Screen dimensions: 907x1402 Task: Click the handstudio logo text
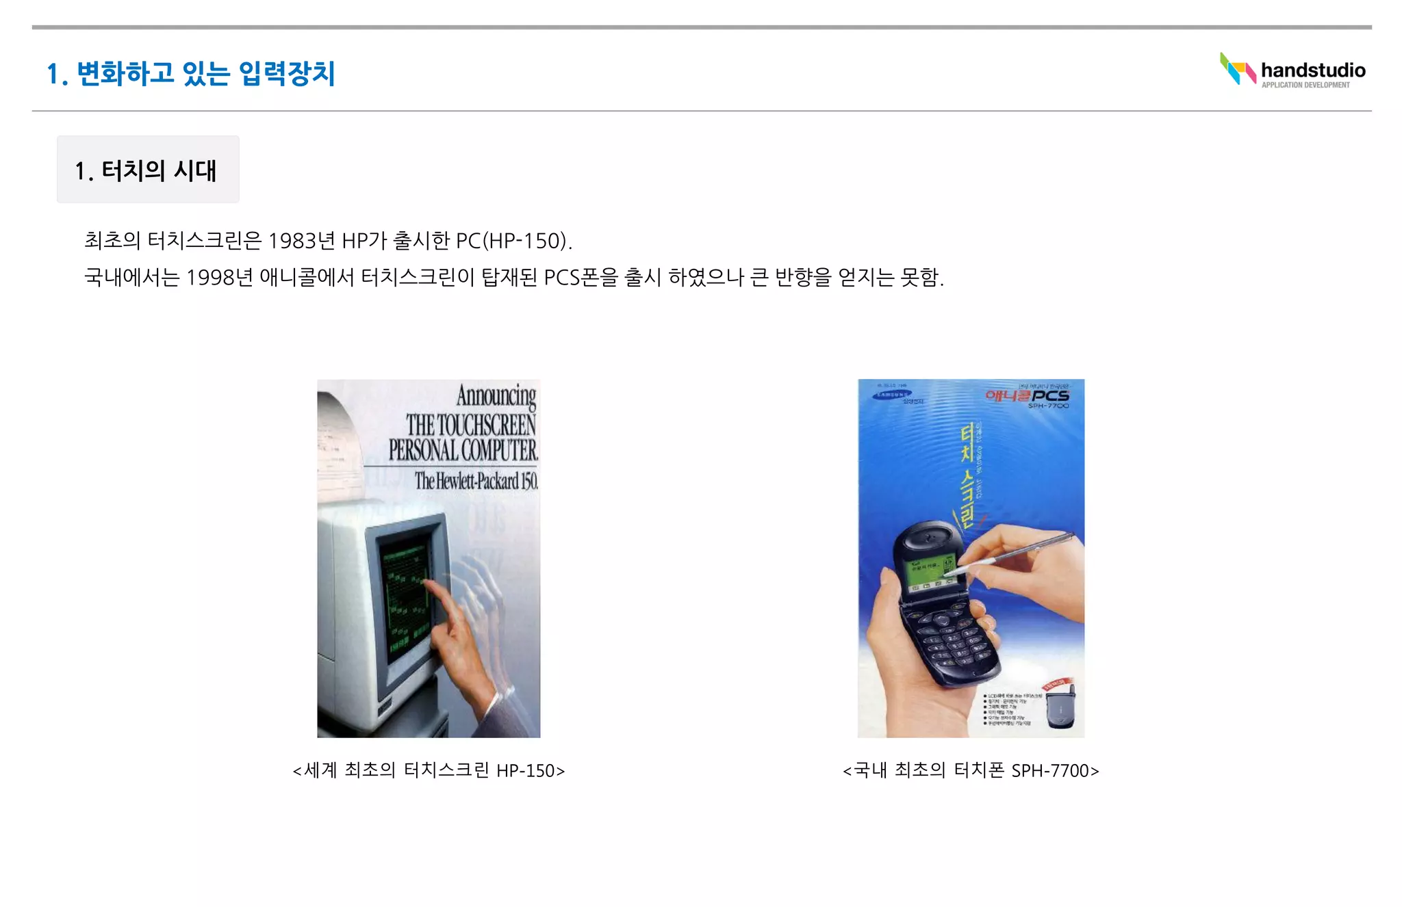pyautogui.click(x=1312, y=70)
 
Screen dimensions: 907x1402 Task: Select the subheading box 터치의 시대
pyautogui.click(x=148, y=170)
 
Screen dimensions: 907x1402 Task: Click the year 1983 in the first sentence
pyautogui.click(x=292, y=241)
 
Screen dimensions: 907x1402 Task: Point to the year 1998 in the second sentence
pyautogui.click(x=210, y=278)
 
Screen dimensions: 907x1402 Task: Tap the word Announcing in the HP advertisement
pyautogui.click(x=496, y=396)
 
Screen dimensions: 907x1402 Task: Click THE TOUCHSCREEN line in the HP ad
pyautogui.click(x=471, y=425)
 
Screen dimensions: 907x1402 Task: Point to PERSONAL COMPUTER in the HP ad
pyautogui.click(x=463, y=451)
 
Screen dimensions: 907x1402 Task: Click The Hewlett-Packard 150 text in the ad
pyautogui.click(x=476, y=481)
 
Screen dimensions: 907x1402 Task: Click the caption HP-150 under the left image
pyautogui.click(x=525, y=771)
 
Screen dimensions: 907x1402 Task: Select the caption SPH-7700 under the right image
pyautogui.click(x=1050, y=771)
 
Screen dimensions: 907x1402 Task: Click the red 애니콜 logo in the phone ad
pyautogui.click(x=1008, y=396)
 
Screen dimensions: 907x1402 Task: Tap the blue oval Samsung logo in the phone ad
pyautogui.click(x=892, y=395)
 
